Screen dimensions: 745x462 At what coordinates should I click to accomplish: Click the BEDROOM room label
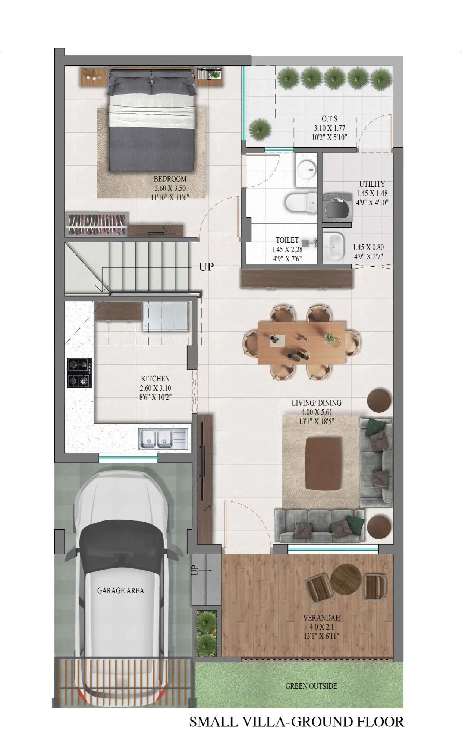tap(170, 179)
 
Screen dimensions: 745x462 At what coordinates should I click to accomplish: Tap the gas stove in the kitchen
tap(79, 373)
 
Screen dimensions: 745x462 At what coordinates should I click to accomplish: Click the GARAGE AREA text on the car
tap(120, 590)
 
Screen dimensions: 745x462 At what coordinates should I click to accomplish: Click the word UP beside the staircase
tap(206, 267)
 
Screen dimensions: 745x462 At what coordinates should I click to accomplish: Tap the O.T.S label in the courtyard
tap(330, 119)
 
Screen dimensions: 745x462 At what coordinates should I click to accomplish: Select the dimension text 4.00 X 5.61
tap(317, 412)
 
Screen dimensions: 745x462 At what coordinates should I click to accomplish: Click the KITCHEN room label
tap(155, 379)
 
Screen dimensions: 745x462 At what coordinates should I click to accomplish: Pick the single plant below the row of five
tap(260, 129)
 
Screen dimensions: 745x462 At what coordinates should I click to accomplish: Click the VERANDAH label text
tap(321, 618)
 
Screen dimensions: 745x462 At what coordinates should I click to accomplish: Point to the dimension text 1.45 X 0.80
tap(368, 247)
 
